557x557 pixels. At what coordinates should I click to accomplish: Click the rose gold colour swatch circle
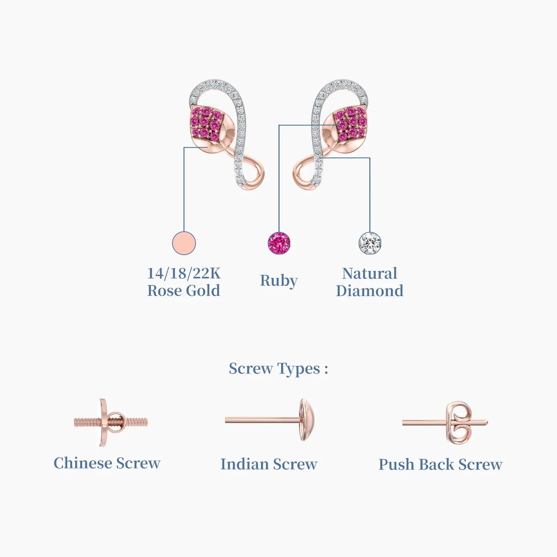tap(184, 243)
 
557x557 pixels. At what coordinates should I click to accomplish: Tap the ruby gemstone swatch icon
tap(279, 243)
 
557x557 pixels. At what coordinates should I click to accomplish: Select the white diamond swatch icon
tap(370, 243)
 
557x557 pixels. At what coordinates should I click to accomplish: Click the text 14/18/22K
tap(184, 273)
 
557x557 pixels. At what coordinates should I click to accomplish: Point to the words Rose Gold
tap(184, 291)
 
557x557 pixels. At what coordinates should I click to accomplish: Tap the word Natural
tap(370, 273)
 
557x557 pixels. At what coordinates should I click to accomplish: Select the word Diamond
tap(370, 291)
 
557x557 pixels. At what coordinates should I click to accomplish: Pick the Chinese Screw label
tap(107, 463)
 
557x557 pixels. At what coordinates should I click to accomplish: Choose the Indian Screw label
tap(269, 464)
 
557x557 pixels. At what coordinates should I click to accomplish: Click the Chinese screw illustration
tap(110, 422)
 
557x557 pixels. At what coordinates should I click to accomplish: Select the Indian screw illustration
tap(270, 420)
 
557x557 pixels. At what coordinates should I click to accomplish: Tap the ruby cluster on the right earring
tap(351, 123)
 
